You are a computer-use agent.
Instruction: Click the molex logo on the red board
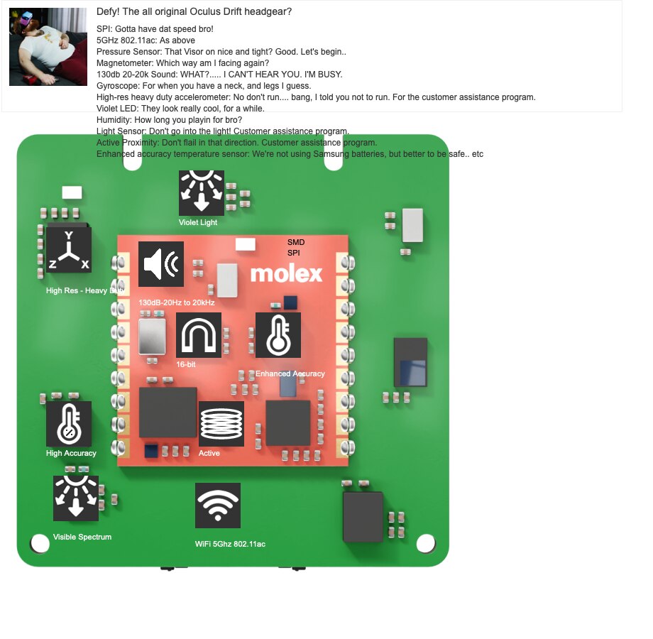[286, 273]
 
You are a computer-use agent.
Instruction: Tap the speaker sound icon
[161, 264]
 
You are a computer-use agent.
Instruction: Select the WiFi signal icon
[218, 506]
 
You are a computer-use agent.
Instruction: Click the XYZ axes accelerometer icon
[68, 250]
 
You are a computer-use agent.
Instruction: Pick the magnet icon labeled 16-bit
[199, 335]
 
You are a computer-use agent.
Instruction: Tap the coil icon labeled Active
[221, 424]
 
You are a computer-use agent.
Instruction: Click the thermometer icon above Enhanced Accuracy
[278, 335]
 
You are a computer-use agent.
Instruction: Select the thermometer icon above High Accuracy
[69, 424]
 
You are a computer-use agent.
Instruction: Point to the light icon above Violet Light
[202, 192]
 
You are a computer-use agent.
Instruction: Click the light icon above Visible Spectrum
[76, 498]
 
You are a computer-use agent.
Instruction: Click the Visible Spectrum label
[82, 537]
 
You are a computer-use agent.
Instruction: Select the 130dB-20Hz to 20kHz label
[177, 302]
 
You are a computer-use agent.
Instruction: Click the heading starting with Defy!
[194, 12]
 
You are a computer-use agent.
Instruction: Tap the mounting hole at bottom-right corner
[425, 543]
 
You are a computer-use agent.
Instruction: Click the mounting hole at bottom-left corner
[40, 544]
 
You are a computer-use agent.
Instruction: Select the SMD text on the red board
[295, 242]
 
